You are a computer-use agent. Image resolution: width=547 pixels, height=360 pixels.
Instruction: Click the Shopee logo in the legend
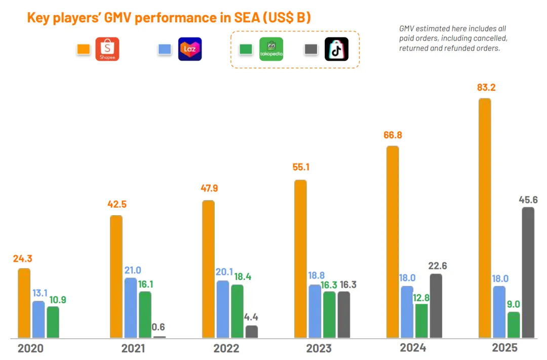click(x=107, y=49)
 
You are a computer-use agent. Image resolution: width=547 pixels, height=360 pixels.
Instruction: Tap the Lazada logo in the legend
click(x=190, y=49)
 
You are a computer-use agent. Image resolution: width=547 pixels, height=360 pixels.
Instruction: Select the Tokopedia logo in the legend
click(x=271, y=49)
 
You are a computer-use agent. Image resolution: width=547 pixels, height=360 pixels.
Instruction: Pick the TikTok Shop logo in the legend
click(x=336, y=49)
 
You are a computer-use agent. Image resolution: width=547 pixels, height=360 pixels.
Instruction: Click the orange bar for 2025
click(x=485, y=218)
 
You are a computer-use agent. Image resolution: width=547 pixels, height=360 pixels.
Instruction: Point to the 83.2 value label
click(x=486, y=88)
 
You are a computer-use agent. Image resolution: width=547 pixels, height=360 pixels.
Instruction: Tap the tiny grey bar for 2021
click(x=159, y=337)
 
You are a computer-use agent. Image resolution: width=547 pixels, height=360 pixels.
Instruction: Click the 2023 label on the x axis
click(x=319, y=348)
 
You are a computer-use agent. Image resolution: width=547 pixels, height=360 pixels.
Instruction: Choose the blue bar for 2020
click(x=38, y=319)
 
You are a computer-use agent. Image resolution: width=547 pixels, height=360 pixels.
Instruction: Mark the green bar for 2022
click(x=237, y=311)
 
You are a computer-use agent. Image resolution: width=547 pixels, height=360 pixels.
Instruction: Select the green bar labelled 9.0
click(x=514, y=325)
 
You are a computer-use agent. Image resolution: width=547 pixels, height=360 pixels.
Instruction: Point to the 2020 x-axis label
click(x=30, y=348)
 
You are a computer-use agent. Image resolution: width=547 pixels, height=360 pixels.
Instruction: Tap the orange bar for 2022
click(x=208, y=269)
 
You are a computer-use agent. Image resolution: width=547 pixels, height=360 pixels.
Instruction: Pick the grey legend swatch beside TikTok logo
click(x=310, y=49)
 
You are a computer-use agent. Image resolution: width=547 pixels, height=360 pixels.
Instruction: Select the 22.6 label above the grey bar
click(x=437, y=265)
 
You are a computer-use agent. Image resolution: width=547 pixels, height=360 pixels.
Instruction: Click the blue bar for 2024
click(x=407, y=312)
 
